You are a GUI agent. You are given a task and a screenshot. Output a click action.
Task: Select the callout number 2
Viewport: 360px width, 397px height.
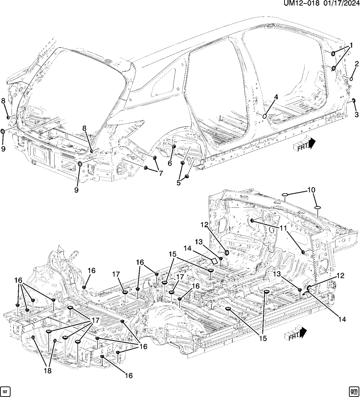(356, 63)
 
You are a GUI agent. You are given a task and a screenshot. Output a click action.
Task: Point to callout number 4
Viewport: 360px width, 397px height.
(276, 97)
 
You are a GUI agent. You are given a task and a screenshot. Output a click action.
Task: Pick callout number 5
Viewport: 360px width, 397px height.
(178, 183)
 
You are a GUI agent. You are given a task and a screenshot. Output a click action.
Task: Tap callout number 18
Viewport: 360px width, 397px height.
(48, 371)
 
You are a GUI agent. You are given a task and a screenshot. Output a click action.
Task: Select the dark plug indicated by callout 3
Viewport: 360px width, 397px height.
(354, 100)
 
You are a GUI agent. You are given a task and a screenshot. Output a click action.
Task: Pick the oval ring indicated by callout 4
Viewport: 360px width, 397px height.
(265, 116)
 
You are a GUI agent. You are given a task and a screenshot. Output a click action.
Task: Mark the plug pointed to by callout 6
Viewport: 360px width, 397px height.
(174, 147)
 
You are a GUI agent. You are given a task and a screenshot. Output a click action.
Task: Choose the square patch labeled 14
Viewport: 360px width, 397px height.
(214, 261)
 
